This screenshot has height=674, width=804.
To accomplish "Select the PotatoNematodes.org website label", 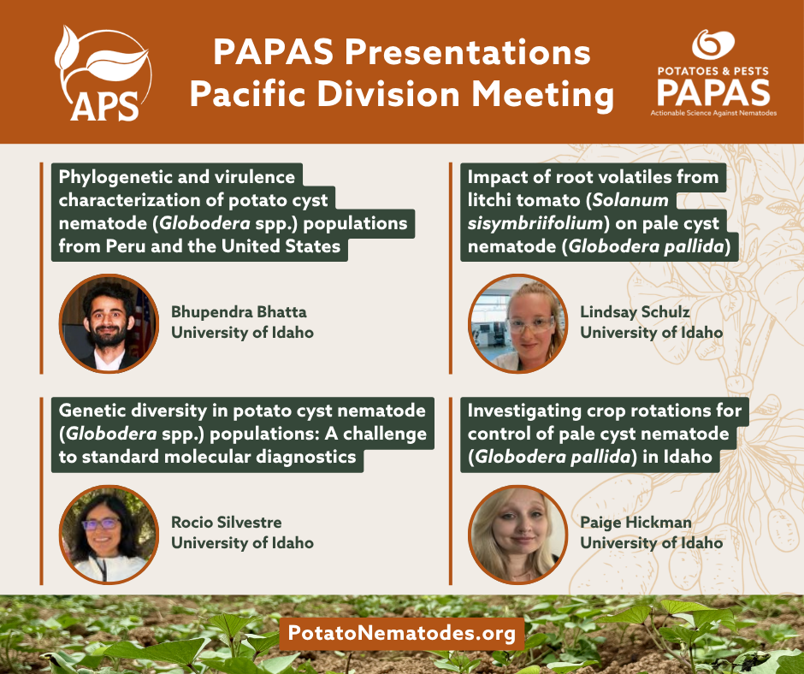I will (x=402, y=634).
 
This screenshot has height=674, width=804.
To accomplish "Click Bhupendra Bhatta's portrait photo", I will (x=109, y=322).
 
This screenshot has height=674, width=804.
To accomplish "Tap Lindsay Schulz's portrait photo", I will (x=517, y=322).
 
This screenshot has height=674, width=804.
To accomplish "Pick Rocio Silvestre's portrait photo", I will (x=109, y=534).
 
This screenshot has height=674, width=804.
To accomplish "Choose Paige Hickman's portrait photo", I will (x=517, y=534).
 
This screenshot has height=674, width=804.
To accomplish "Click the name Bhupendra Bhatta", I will (x=239, y=311).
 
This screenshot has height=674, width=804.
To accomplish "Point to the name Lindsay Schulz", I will (x=635, y=311).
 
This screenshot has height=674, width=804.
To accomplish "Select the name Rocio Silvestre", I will (x=226, y=522).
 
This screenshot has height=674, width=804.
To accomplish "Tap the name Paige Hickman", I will (x=636, y=522).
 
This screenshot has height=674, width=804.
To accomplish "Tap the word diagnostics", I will (x=298, y=457).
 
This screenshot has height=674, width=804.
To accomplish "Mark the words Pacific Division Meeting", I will (x=401, y=94).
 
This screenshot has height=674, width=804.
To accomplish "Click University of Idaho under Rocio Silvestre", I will (x=242, y=543).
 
